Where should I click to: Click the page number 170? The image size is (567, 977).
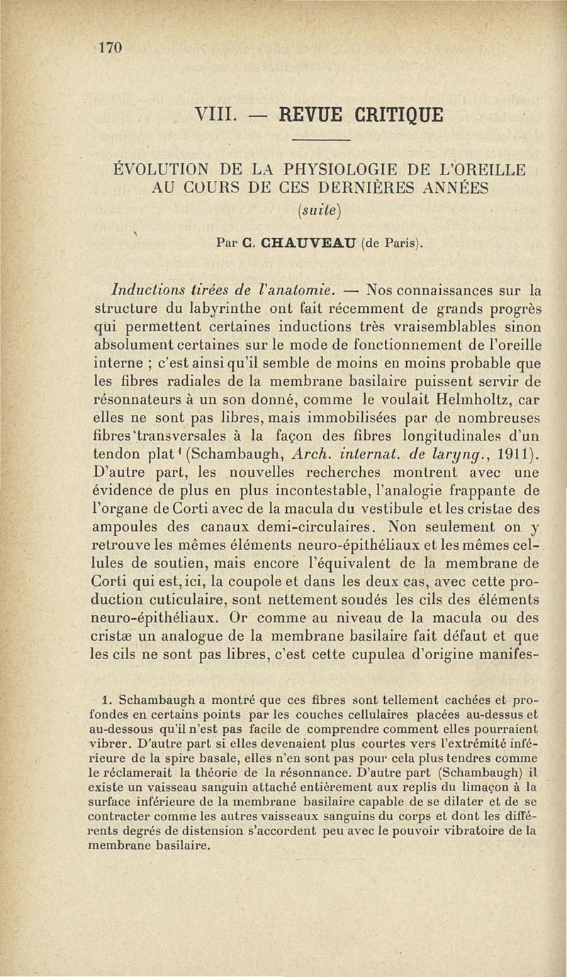tap(112, 48)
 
